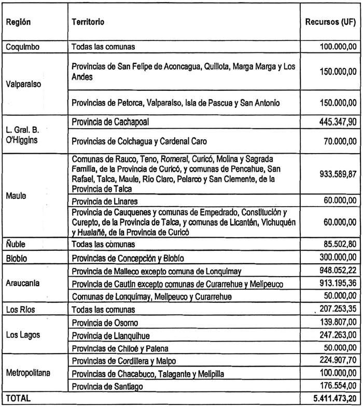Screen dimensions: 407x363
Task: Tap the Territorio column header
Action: tap(88, 22)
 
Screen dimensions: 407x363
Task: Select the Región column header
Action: tap(18, 22)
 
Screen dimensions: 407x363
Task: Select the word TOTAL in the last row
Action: tap(19, 399)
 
